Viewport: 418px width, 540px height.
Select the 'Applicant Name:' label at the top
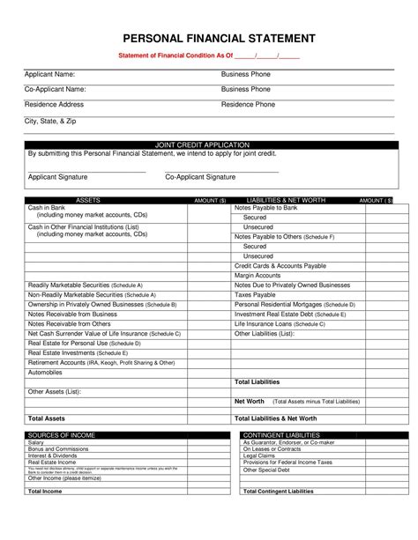coord(49,74)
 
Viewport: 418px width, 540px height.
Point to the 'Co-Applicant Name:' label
coord(55,89)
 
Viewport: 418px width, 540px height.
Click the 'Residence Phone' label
coord(248,104)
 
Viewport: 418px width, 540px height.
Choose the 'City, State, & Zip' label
coord(52,121)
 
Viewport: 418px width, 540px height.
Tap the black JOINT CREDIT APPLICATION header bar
coord(210,144)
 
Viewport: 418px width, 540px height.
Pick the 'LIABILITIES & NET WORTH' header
coord(287,201)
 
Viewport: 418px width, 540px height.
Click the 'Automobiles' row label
coord(45,372)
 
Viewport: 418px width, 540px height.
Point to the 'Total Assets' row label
coord(47,418)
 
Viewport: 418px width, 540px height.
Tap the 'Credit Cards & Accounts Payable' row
coord(280,265)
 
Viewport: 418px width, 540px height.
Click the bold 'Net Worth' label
coord(249,401)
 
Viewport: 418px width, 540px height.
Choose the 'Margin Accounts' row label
coord(257,275)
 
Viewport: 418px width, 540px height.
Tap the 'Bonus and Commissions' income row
coord(58,448)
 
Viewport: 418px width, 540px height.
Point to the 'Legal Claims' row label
coord(259,455)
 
